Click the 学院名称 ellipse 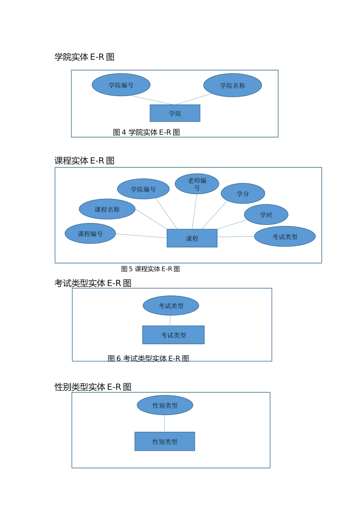[232, 85]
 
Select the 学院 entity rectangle [175, 113]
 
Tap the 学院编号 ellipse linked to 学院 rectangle [121, 85]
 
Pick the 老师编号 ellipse [197, 184]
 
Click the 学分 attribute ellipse [243, 194]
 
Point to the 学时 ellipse [266, 214]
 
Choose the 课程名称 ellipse [107, 209]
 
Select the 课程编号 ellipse [90, 234]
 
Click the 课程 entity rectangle [192, 238]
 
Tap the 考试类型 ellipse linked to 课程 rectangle [285, 237]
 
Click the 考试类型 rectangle [173, 335]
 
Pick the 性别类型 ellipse [165, 405]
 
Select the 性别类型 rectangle [164, 442]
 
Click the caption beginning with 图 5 [150, 269]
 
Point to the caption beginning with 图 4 [146, 132]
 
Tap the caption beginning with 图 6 [148, 358]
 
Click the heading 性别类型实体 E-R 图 [93, 387]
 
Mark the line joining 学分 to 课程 [214, 215]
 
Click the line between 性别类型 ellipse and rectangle [164, 423]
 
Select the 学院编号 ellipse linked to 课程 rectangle [143, 189]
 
